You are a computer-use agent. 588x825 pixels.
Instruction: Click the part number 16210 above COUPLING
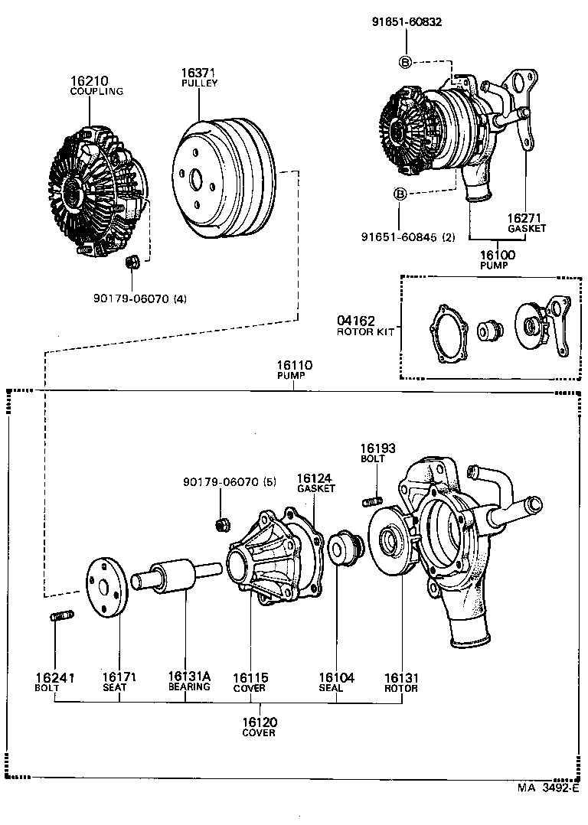tap(90, 80)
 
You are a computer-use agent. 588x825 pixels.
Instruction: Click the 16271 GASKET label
tap(525, 222)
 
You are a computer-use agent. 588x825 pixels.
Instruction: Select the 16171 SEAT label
tap(119, 681)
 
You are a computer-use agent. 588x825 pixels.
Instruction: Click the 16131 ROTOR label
tap(401, 681)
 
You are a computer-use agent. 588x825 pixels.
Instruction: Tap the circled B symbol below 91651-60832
tap(405, 62)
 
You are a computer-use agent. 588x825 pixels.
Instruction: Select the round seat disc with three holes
tap(104, 586)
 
